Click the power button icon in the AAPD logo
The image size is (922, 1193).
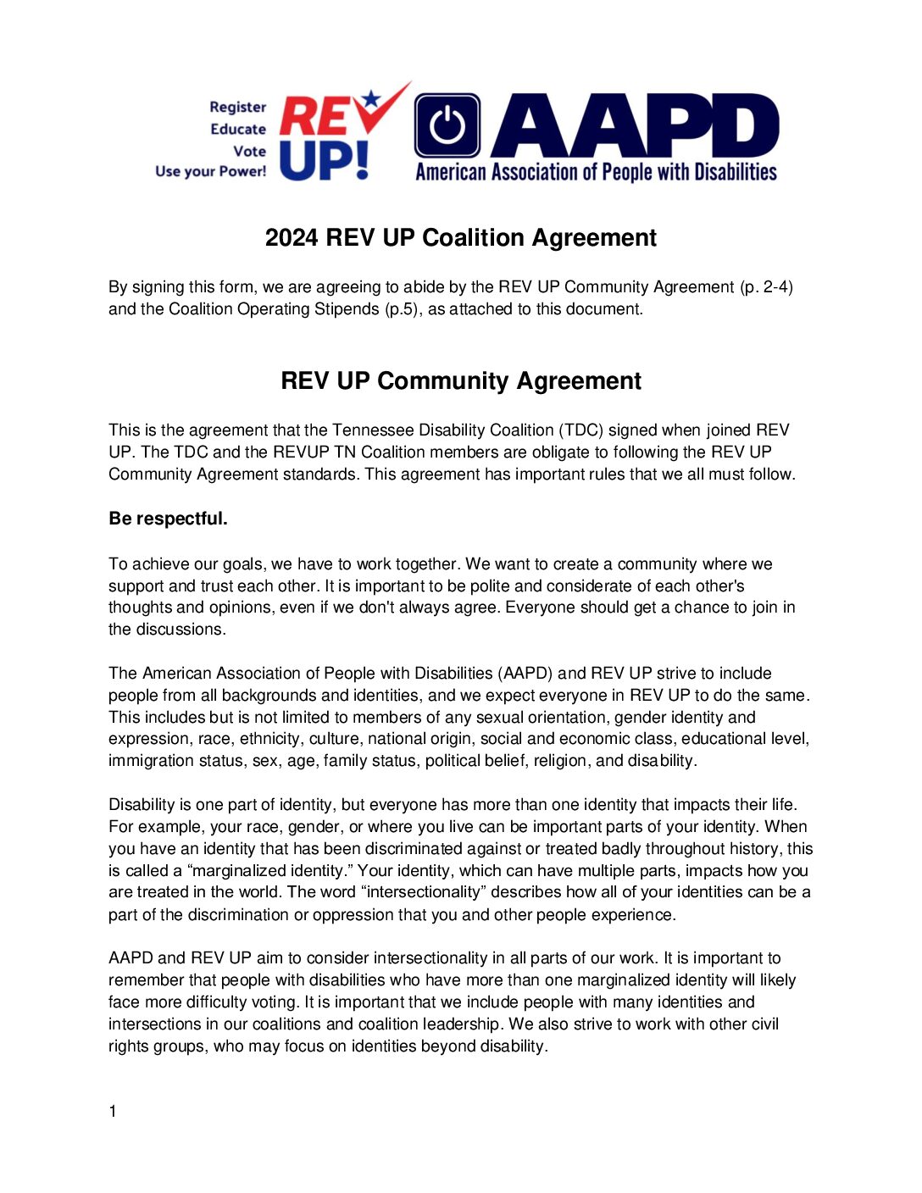[x=447, y=126]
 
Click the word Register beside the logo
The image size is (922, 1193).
[x=237, y=107]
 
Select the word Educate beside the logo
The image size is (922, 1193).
[x=238, y=129]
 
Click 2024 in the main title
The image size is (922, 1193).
[x=292, y=238]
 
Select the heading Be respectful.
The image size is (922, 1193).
[x=168, y=519]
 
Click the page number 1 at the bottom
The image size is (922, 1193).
[x=113, y=1112]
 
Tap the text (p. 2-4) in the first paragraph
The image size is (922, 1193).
[x=766, y=287]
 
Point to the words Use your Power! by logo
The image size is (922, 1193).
[x=210, y=171]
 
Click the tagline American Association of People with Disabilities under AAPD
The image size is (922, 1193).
[x=596, y=173]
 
